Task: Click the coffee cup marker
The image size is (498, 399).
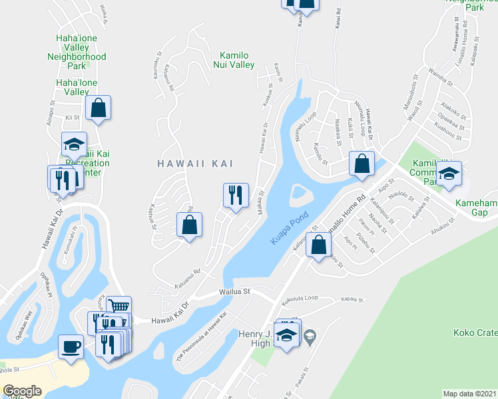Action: point(71,346)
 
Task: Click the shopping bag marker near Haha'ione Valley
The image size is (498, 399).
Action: point(98,108)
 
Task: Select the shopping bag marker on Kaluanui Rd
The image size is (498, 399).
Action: point(189,224)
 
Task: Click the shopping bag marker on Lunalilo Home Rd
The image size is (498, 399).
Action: point(320,244)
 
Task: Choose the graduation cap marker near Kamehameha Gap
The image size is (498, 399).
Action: point(449,174)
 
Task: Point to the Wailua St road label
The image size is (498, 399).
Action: point(235,291)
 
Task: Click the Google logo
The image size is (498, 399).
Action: point(22,392)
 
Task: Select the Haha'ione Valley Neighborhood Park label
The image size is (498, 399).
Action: point(77,52)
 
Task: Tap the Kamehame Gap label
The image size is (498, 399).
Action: point(476,207)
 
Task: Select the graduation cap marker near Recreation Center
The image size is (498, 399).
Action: point(74,144)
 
